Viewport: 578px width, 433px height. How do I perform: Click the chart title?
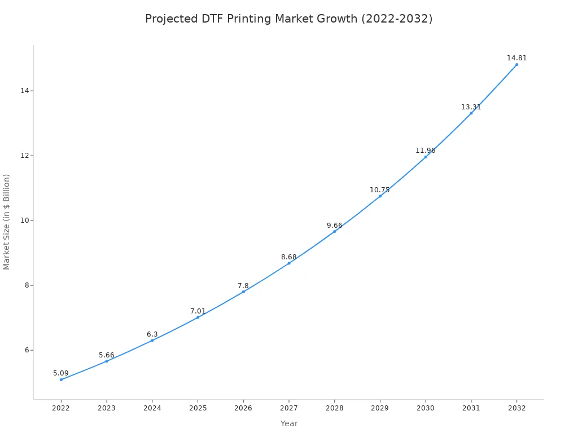click(x=288, y=19)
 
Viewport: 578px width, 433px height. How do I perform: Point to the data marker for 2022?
click(x=61, y=379)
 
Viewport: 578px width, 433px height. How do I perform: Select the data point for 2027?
click(x=289, y=263)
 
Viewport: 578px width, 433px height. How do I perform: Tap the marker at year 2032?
click(x=516, y=64)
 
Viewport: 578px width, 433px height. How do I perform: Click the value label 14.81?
click(x=516, y=58)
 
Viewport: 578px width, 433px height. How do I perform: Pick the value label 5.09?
click(x=61, y=373)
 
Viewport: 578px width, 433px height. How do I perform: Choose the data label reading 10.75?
click(x=380, y=190)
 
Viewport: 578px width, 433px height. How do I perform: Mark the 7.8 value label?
click(x=243, y=286)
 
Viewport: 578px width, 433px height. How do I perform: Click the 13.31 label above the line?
click(x=471, y=107)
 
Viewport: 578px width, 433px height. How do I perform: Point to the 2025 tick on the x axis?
click(x=198, y=408)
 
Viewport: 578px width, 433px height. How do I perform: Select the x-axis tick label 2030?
click(x=426, y=408)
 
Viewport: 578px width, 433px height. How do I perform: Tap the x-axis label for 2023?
click(x=107, y=408)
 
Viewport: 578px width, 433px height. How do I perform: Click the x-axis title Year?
click(x=289, y=423)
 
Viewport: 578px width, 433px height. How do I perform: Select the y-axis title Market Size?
click(x=7, y=222)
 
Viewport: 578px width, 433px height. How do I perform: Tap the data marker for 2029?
click(x=380, y=196)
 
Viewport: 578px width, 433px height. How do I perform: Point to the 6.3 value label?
click(x=152, y=334)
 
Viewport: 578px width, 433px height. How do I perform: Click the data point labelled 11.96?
click(x=426, y=157)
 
